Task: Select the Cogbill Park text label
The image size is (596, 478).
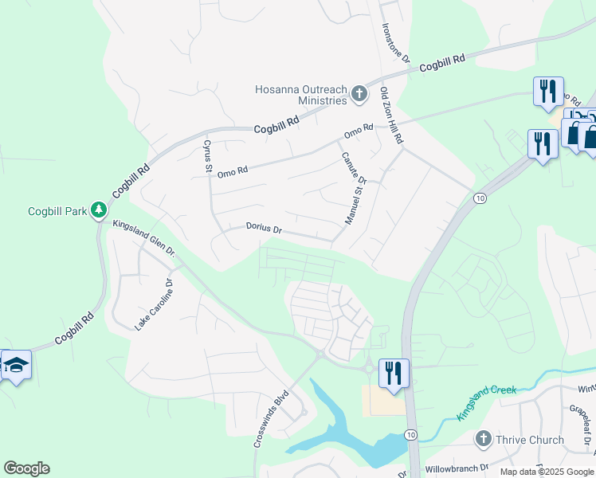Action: coord(57,211)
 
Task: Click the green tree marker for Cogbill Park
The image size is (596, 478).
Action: coord(98,210)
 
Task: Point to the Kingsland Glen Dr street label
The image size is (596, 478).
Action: coord(144,238)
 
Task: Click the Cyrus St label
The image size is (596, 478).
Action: coord(207,157)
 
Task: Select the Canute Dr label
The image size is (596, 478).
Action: coord(353,168)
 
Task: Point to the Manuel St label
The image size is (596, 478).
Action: coord(353,203)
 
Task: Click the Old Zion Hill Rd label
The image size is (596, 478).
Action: coord(390,116)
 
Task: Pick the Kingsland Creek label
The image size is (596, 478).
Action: coord(486,402)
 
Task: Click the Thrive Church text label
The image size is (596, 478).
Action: coord(529,440)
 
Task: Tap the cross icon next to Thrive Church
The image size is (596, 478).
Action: coord(482,439)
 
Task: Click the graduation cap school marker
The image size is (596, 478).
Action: coord(16,366)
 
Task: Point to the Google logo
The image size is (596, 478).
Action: coord(26,468)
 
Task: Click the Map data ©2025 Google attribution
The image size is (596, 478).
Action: coord(546,472)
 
